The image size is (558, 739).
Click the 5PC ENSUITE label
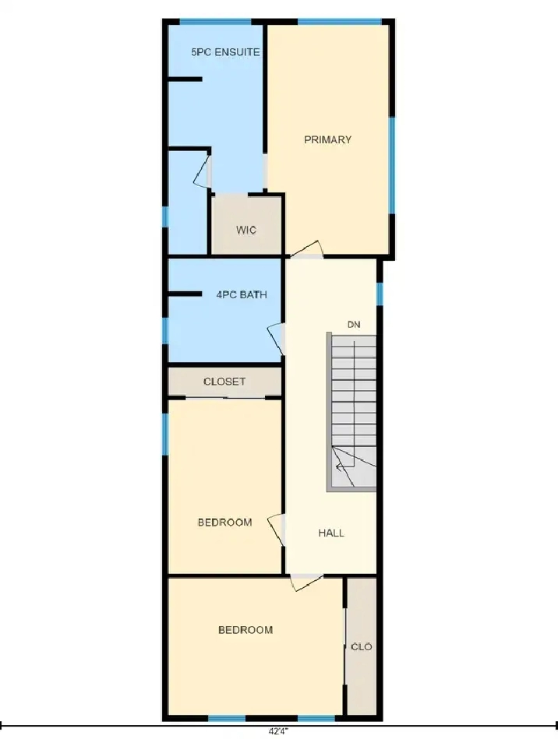pyautogui.click(x=225, y=52)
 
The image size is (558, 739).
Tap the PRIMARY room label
pyautogui.click(x=328, y=139)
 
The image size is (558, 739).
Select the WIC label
pyautogui.click(x=246, y=230)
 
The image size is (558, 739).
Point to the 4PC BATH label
pyautogui.click(x=242, y=294)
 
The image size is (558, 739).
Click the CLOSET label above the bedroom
pyautogui.click(x=224, y=382)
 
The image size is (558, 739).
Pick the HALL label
pyautogui.click(x=331, y=533)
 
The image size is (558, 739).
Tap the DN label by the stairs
pyautogui.click(x=354, y=324)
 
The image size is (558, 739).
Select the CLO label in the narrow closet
pyautogui.click(x=362, y=646)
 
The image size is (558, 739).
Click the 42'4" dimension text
pyautogui.click(x=278, y=731)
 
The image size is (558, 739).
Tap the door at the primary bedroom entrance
pyautogui.click(x=306, y=250)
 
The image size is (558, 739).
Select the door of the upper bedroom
pyautogui.click(x=277, y=530)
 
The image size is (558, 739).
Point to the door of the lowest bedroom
pyautogui.click(x=306, y=582)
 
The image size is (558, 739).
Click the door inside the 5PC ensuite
pyautogui.click(x=201, y=171)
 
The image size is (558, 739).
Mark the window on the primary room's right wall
pyautogui.click(x=392, y=165)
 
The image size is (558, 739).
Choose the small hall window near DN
pyautogui.click(x=380, y=294)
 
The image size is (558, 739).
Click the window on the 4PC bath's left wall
pyautogui.click(x=165, y=331)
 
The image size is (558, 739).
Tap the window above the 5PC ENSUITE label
pyautogui.click(x=216, y=22)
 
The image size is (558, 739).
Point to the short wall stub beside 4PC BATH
pyautogui.click(x=185, y=294)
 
